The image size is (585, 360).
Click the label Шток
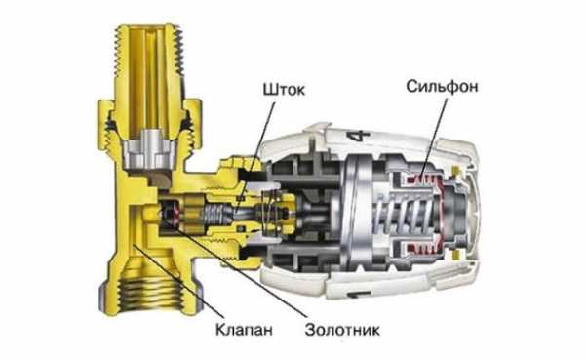pos(284,90)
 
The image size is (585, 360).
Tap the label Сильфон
pos(442,87)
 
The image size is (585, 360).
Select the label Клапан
pos(244,330)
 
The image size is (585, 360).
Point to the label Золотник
pos(342,330)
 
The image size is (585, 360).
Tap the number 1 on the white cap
pos(355,295)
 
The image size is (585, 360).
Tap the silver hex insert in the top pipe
pos(149,148)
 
